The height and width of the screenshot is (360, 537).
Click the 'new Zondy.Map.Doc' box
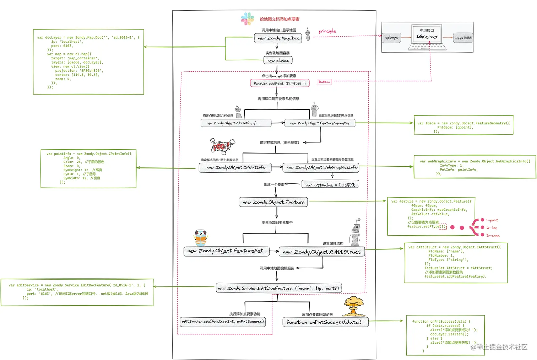278,38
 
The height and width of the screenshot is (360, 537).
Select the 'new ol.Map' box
278,60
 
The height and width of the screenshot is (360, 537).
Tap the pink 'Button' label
324,82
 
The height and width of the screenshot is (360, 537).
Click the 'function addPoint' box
280,83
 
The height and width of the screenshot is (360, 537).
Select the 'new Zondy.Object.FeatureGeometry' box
320,123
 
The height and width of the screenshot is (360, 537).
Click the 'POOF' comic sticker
222,146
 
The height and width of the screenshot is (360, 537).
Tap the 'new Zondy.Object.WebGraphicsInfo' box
321,167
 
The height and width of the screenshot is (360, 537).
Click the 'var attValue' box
330,184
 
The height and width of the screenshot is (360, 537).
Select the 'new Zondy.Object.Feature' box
273,202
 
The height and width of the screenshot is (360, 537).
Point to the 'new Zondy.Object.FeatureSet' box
226,251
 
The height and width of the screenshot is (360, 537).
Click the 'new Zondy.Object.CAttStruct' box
321,252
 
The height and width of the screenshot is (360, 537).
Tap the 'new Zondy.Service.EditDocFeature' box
278,288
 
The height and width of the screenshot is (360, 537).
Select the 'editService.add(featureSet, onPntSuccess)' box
223,322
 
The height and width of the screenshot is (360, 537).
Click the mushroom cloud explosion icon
353,306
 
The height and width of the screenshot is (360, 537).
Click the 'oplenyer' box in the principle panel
392,37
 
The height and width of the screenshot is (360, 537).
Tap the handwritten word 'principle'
327,31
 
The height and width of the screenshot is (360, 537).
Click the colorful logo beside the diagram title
247,19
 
